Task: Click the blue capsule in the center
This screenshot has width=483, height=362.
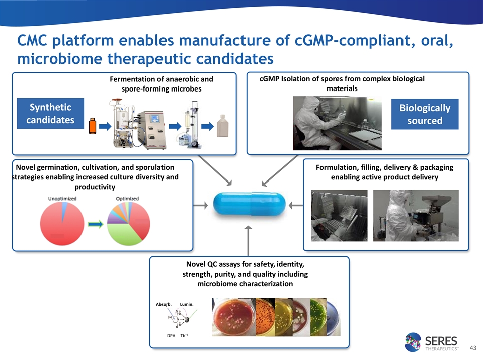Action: click(250, 205)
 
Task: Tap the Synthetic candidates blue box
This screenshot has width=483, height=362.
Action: click(50, 114)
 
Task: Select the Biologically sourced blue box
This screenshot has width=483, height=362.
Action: click(425, 114)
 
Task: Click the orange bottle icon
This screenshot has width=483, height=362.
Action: click(92, 126)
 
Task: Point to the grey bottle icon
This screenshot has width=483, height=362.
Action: click(222, 125)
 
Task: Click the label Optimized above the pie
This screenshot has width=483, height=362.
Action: click(128, 199)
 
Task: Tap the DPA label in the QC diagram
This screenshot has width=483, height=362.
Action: click(171, 335)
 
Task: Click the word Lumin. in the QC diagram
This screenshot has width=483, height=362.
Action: click(187, 304)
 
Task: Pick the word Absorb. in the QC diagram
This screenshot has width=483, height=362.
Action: click(164, 304)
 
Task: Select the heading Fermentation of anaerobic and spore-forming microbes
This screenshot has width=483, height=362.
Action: click(161, 84)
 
